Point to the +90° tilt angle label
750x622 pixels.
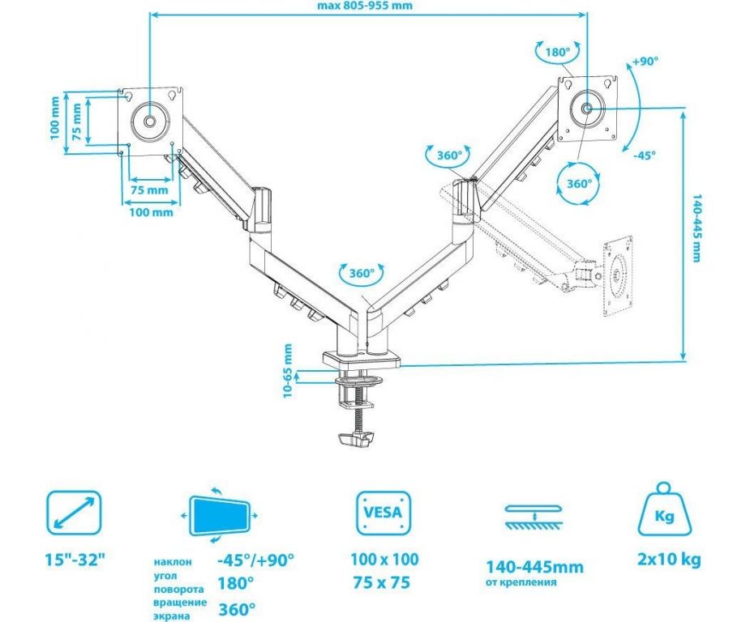click(x=645, y=62)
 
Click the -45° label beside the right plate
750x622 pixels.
click(x=645, y=155)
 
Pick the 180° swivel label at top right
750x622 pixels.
click(x=557, y=51)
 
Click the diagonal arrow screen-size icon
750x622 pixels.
click(x=74, y=513)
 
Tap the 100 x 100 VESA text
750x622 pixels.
click(x=384, y=560)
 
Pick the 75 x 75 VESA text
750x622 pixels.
click(x=384, y=582)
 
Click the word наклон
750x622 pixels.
click(x=172, y=561)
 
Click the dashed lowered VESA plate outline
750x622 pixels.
click(x=623, y=278)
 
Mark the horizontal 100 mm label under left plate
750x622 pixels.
click(x=151, y=212)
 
